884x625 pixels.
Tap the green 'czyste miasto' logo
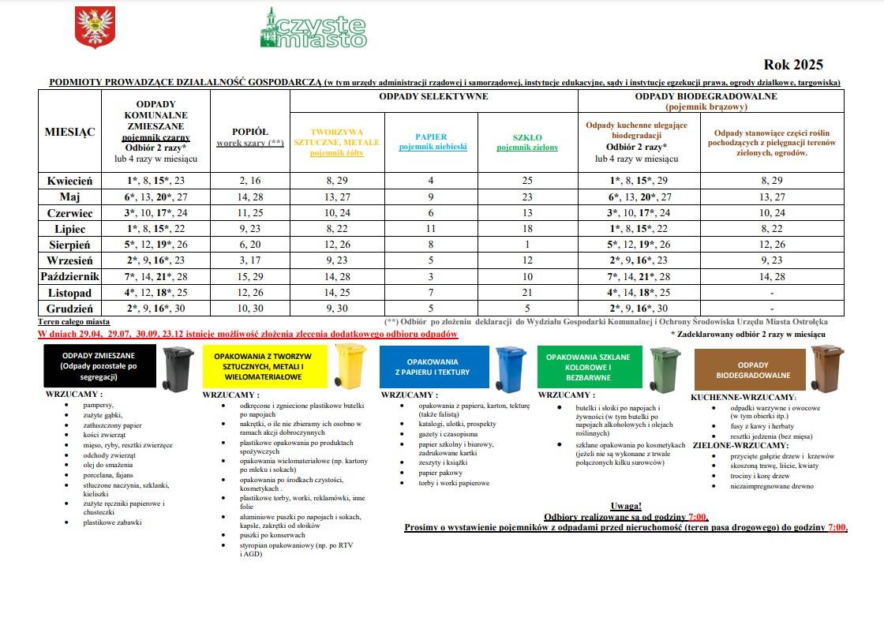[x=313, y=28]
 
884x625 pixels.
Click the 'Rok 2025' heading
[x=792, y=65]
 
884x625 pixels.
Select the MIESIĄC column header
[x=69, y=131]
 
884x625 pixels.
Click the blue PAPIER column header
[x=432, y=141]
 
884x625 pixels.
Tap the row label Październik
[x=69, y=276]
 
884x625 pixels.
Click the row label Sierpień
[x=69, y=245]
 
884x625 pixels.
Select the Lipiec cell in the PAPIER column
[x=432, y=228]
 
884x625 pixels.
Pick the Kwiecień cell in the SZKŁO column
[x=528, y=181]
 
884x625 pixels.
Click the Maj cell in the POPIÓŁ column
[x=250, y=196]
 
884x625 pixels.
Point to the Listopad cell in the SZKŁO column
[x=528, y=292]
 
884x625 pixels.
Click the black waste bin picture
[x=178, y=369]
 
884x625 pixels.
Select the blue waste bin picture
[x=511, y=368]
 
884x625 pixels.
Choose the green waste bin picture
[x=665, y=368]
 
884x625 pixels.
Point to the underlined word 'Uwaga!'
[x=626, y=506]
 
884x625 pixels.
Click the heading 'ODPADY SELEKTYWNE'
[x=433, y=96]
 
